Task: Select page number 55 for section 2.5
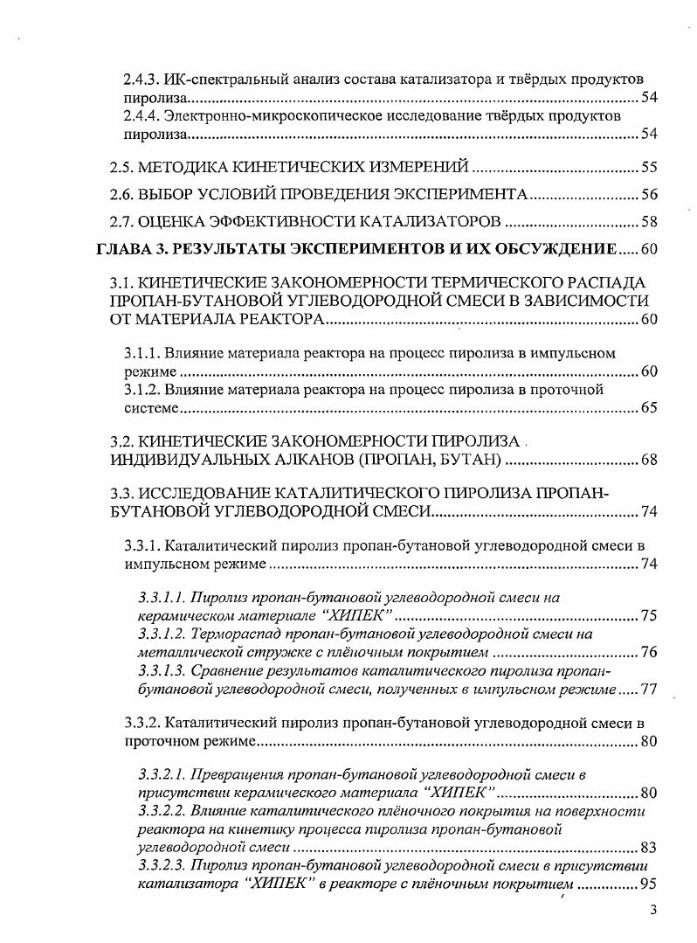click(x=648, y=167)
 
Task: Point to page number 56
click(x=648, y=194)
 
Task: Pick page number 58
click(x=648, y=220)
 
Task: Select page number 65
click(x=648, y=407)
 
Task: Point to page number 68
click(x=648, y=459)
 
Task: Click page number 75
click(x=648, y=616)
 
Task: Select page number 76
click(x=648, y=653)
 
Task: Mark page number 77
click(x=648, y=690)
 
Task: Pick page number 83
click(x=648, y=847)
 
